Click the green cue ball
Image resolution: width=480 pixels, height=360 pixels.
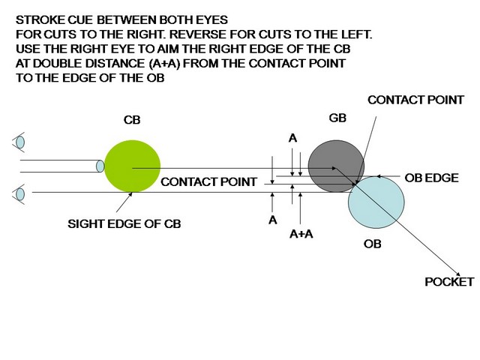click(x=132, y=166)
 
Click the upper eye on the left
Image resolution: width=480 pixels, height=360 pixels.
click(x=19, y=142)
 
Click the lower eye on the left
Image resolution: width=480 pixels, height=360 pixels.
click(x=19, y=194)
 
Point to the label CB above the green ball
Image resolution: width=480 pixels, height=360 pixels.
click(x=131, y=120)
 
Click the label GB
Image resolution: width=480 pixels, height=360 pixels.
click(x=337, y=118)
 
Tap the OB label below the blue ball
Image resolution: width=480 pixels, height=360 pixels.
click(x=373, y=244)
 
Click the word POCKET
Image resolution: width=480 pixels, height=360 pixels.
click(x=448, y=282)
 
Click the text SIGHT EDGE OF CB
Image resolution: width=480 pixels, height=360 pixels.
click(x=124, y=223)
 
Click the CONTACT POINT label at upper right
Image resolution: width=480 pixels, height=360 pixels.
click(x=415, y=100)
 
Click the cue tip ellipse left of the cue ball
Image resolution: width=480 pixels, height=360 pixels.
click(x=100, y=166)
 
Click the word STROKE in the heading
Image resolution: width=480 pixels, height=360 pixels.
click(x=37, y=21)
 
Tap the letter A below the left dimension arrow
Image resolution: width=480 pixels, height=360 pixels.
click(x=273, y=220)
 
